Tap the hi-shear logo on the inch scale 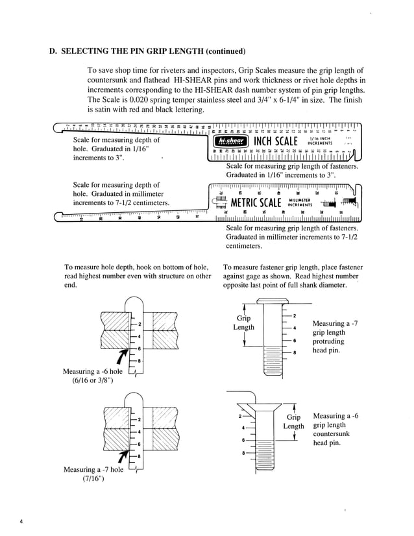point(232,141)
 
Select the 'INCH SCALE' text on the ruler point(276,141)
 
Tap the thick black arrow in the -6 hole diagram point(121,356)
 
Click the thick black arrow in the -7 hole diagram point(121,454)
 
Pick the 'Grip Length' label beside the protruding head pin point(243,323)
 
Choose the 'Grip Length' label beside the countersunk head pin point(293,421)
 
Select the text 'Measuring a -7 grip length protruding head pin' point(334,337)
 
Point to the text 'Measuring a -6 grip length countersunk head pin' point(335,429)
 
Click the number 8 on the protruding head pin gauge point(294,352)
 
